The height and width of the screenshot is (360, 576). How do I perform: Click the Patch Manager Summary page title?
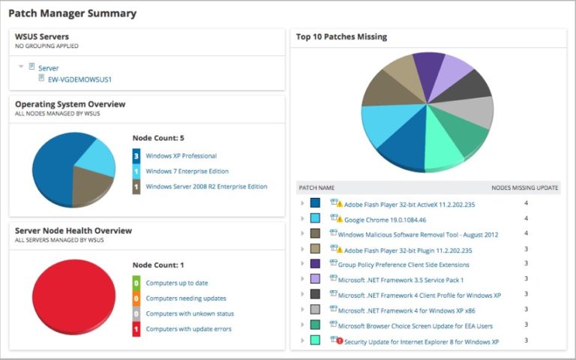pyautogui.click(x=72, y=13)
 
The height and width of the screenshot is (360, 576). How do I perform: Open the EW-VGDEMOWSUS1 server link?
pyautogui.click(x=74, y=79)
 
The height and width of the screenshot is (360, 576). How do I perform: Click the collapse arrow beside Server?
pyautogui.click(x=21, y=67)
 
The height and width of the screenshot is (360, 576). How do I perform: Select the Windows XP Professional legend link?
pyautogui.click(x=181, y=156)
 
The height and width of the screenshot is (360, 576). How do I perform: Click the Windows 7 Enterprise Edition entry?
pyautogui.click(x=185, y=171)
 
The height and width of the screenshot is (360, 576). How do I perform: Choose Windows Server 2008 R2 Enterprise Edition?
pyautogui.click(x=206, y=186)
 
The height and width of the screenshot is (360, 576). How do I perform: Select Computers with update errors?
pyautogui.click(x=188, y=328)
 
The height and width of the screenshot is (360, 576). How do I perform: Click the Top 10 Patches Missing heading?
pyautogui.click(x=341, y=37)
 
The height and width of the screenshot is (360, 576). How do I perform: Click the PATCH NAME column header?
pyautogui.click(x=316, y=187)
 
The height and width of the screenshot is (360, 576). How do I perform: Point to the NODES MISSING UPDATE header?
pyautogui.click(x=524, y=187)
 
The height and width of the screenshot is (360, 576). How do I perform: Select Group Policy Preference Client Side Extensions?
pyautogui.click(x=403, y=264)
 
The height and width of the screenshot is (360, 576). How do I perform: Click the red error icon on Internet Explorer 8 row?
pyautogui.click(x=340, y=340)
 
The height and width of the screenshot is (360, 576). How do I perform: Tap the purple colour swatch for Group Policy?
pyautogui.click(x=315, y=264)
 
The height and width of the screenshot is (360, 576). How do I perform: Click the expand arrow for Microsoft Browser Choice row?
pyautogui.click(x=301, y=325)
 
